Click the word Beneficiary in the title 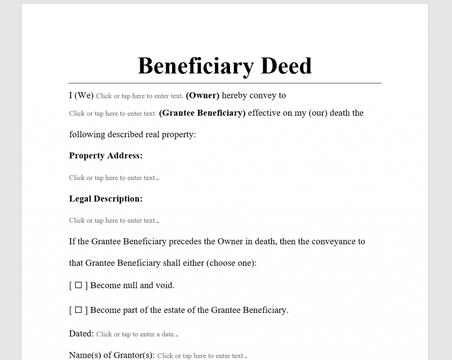(x=196, y=66)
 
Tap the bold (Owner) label (x=203, y=95)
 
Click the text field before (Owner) (x=139, y=96)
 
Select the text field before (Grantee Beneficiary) (x=113, y=113)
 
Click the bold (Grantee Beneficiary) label (x=202, y=113)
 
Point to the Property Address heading (x=106, y=156)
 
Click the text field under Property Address (x=113, y=178)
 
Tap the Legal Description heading (x=106, y=199)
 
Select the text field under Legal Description (x=113, y=221)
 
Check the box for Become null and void (x=78, y=285)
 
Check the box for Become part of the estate (x=78, y=310)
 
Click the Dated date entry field (x=136, y=334)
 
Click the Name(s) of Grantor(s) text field (x=200, y=356)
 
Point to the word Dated (x=81, y=334)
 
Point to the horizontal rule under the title (x=225, y=83)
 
